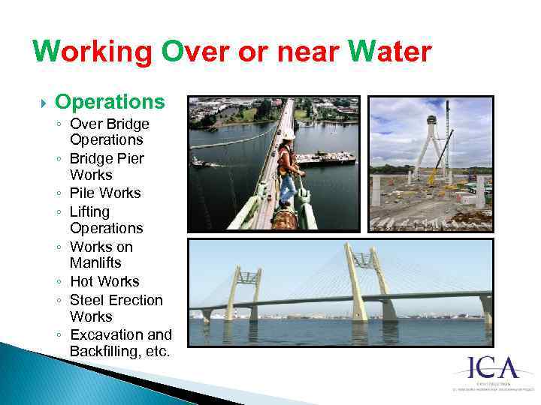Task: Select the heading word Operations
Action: coord(110,102)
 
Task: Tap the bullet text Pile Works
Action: coord(105,193)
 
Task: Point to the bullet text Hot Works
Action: coord(104,281)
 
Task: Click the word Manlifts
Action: coord(95,263)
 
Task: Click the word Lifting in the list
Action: coord(89,211)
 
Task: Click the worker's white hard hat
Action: coord(288,134)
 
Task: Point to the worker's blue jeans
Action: coord(286,188)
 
